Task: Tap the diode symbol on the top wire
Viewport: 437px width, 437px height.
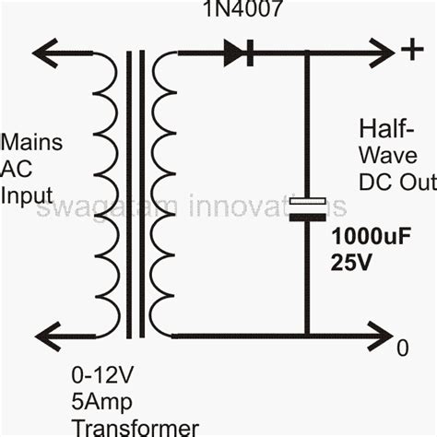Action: [238, 53]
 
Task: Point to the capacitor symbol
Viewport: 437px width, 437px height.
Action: [306, 208]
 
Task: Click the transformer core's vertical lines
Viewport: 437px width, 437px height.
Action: [136, 194]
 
